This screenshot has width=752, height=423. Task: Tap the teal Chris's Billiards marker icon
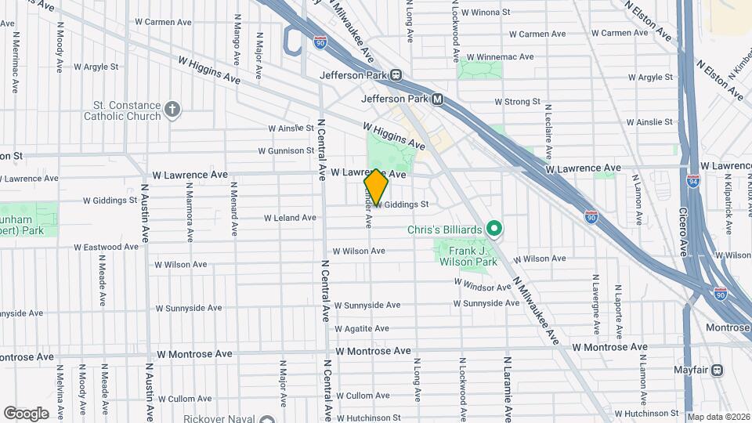(x=494, y=229)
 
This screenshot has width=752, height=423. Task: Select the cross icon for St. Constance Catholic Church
(x=173, y=110)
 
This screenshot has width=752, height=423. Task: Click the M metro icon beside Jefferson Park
(x=438, y=99)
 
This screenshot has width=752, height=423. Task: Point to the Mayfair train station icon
(x=717, y=370)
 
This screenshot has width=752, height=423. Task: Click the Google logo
(x=26, y=413)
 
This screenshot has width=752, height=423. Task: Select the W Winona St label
(x=486, y=13)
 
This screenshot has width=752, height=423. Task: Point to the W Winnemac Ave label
(x=500, y=56)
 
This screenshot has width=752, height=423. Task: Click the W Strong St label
(x=517, y=102)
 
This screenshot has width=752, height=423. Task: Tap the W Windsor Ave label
(x=481, y=287)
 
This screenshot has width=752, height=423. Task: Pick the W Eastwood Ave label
(x=107, y=247)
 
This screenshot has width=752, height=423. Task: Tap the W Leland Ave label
(x=290, y=218)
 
